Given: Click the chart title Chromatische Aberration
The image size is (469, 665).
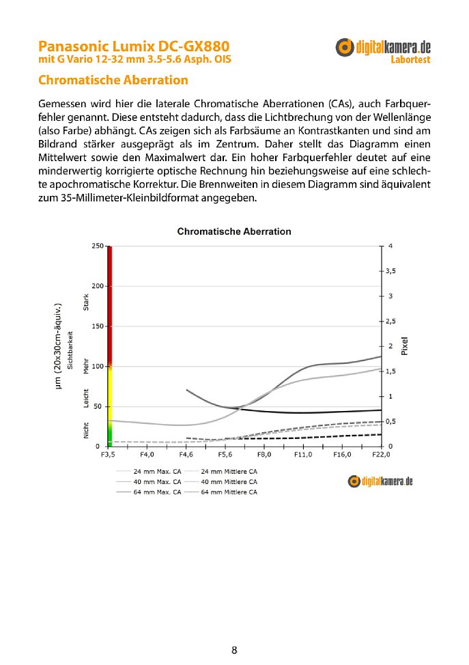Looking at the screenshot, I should (234, 231).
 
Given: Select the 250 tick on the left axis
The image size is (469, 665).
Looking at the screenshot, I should (97, 246).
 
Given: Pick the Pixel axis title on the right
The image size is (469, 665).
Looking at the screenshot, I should (404, 346).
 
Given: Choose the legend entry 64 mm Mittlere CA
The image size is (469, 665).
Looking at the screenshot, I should (229, 492).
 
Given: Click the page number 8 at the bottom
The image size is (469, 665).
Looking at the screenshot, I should (234, 650).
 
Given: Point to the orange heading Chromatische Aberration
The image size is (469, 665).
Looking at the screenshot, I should (113, 81).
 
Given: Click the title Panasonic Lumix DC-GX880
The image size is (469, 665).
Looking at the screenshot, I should (134, 46).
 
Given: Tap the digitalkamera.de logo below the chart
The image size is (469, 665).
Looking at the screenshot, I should (380, 481).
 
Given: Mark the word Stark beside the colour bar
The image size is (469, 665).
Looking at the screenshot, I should (86, 302).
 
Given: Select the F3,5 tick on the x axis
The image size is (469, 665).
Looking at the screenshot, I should (108, 454).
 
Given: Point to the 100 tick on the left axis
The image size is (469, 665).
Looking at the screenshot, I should (97, 367).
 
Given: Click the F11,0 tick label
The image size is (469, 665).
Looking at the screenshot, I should (302, 454).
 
